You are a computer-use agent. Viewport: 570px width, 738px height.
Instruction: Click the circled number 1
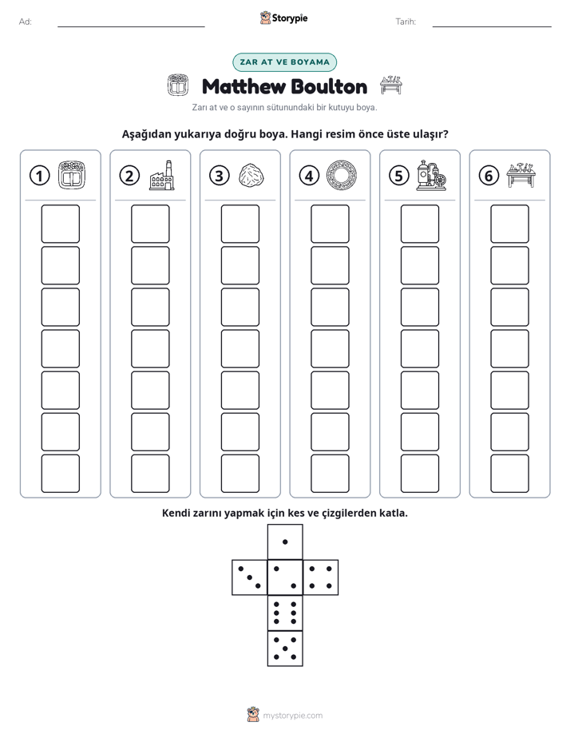click(x=39, y=176)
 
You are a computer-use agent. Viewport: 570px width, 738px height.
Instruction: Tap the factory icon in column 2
click(x=162, y=175)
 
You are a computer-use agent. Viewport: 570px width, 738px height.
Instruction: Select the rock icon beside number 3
click(x=251, y=176)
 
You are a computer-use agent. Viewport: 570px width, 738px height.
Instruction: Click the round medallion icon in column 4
click(x=342, y=175)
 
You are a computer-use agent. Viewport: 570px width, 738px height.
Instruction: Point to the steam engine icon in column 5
click(x=431, y=175)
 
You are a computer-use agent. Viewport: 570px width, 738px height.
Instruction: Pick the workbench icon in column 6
click(x=521, y=175)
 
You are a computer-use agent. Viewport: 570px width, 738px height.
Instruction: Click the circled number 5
click(x=399, y=176)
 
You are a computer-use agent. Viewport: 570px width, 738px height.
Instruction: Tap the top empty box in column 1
click(x=60, y=224)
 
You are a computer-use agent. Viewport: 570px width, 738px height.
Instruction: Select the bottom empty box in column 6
click(x=509, y=474)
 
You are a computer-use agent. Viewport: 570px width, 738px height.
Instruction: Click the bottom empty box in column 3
click(x=239, y=474)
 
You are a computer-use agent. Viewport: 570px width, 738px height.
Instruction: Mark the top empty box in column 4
click(x=330, y=224)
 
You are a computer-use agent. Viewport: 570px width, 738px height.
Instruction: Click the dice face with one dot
click(x=285, y=542)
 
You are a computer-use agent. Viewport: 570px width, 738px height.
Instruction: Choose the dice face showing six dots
click(x=285, y=613)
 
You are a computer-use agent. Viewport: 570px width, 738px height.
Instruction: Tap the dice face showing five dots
click(x=285, y=648)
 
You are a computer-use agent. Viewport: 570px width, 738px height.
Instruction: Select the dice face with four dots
click(x=321, y=577)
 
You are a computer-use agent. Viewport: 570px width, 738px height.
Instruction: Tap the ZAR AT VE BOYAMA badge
click(x=284, y=62)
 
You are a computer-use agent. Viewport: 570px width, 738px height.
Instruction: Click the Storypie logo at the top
click(x=284, y=18)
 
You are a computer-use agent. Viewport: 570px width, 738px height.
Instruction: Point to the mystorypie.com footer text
click(x=292, y=716)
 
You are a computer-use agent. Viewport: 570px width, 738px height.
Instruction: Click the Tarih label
click(x=406, y=22)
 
